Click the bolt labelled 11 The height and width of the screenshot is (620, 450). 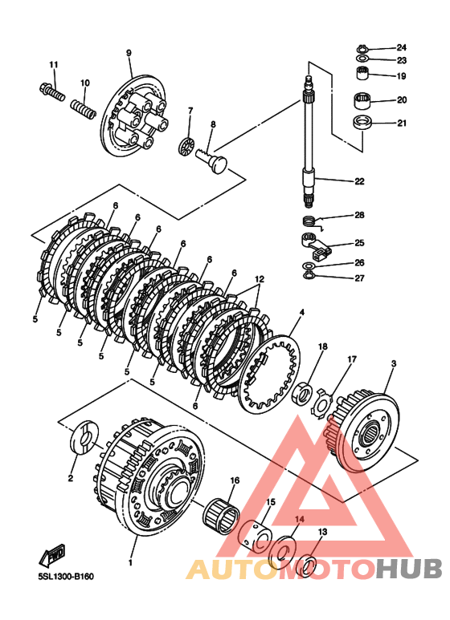point(52,91)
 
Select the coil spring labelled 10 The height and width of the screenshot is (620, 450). point(84,109)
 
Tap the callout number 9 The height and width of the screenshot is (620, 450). point(129,54)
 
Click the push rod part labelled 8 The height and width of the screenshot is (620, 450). point(211,160)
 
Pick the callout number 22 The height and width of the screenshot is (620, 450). point(359,181)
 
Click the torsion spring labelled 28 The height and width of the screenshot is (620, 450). point(312,222)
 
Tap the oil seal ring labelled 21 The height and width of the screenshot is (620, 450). point(362,123)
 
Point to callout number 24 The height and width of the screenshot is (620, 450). point(402,47)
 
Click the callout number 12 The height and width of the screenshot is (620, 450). point(259,279)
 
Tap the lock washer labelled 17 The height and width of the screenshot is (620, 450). point(321,403)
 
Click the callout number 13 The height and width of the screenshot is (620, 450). point(323,532)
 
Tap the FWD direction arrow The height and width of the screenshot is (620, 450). point(52,555)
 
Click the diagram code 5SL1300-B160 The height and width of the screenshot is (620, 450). point(66,577)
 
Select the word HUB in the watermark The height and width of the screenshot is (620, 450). point(409,569)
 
